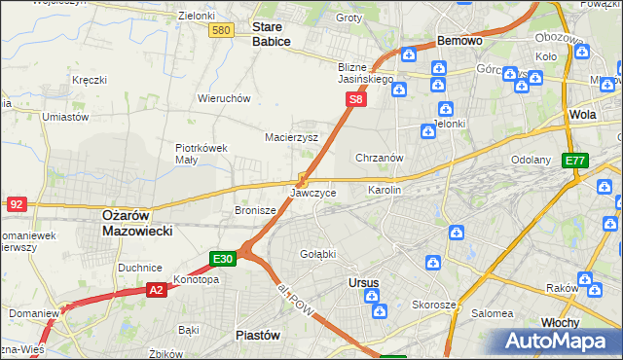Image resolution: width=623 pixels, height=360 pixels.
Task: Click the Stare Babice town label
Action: tap(272, 35)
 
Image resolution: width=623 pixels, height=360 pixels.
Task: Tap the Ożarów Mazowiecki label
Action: tap(137, 223)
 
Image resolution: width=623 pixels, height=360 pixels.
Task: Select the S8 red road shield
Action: tap(357, 99)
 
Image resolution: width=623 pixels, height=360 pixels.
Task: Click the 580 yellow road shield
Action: tap(221, 31)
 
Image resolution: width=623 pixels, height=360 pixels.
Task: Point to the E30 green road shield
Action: tap(223, 259)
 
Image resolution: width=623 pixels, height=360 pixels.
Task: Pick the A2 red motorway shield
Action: tap(157, 289)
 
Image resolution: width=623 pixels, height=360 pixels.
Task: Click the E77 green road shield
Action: tap(575, 161)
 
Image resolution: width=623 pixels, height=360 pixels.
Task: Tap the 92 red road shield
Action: tap(16, 204)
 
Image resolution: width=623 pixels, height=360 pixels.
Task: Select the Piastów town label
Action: tap(258, 335)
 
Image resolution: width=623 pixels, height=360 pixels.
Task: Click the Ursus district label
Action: tap(363, 283)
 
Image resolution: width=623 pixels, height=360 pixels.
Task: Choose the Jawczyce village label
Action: tap(313, 193)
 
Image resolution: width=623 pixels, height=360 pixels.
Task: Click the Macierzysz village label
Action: tap(292, 137)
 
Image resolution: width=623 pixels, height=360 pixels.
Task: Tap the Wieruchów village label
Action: tap(225, 98)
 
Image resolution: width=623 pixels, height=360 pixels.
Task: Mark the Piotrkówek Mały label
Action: tap(202, 154)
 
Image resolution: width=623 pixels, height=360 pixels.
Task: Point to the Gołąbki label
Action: tap(317, 254)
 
